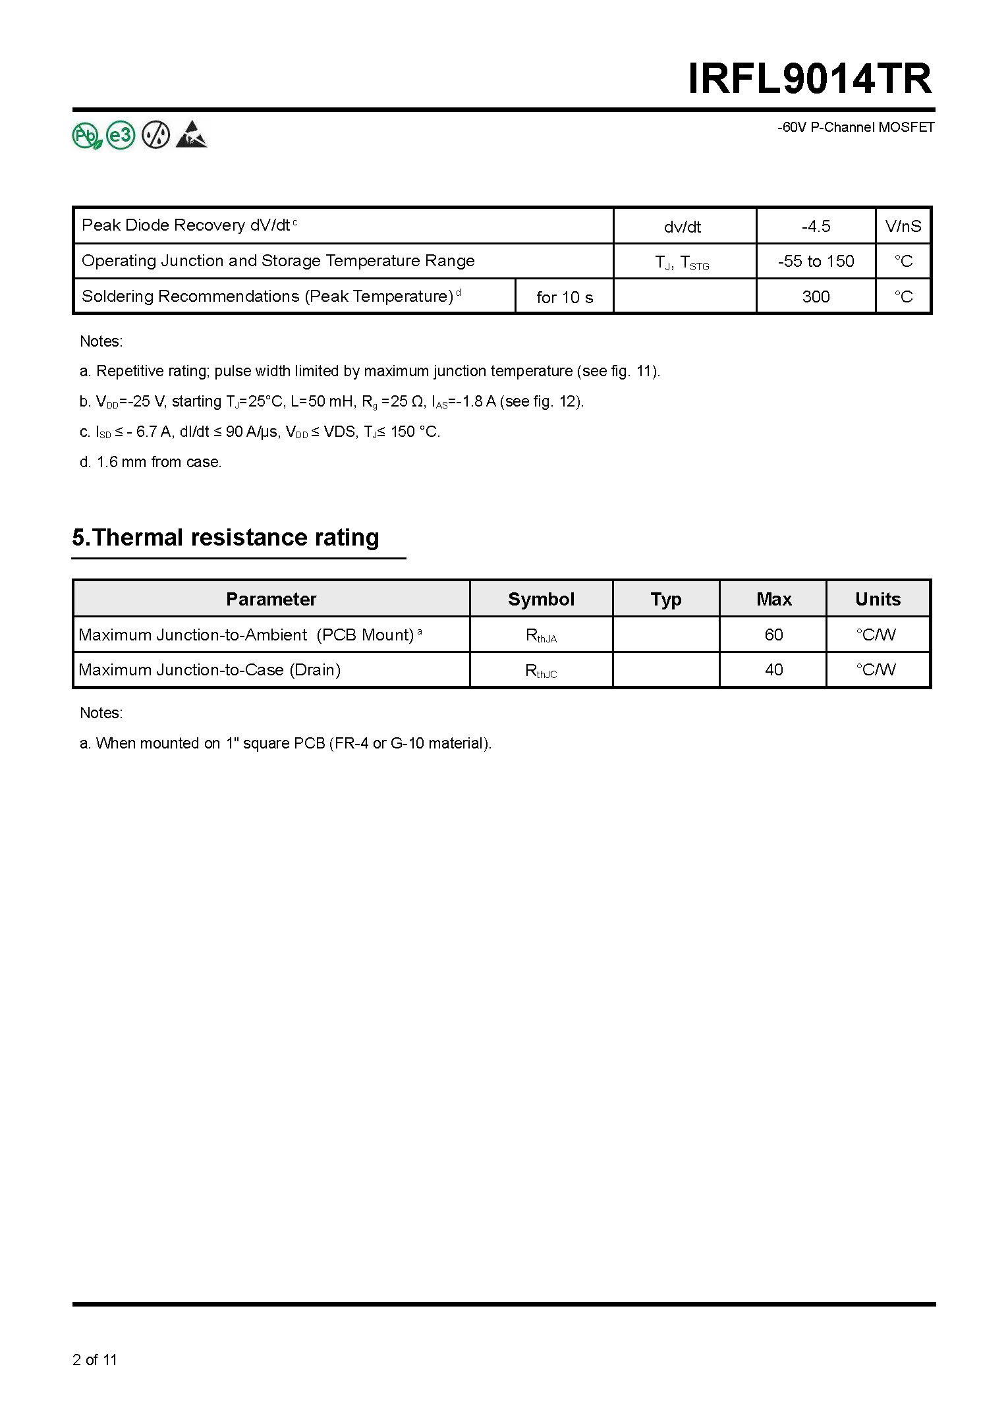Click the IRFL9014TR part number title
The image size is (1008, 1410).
coord(810,80)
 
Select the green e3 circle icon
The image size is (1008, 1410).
coord(121,136)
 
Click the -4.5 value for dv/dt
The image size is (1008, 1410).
coord(816,227)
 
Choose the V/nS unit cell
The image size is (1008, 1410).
coord(903,227)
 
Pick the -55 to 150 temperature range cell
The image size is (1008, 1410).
coord(816,262)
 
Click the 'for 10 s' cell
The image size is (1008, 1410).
coord(565,297)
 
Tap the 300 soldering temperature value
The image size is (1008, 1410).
coord(816,297)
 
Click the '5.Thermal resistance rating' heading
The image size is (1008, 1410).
coord(225,538)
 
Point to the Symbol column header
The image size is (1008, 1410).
coord(541,599)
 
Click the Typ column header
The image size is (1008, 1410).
coord(666,599)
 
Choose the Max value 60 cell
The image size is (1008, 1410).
coord(773,634)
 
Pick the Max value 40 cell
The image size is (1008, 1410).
coord(773,670)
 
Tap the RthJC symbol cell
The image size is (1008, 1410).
coord(541,671)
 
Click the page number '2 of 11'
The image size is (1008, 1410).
coord(95,1360)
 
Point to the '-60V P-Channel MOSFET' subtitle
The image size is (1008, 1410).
coord(856,128)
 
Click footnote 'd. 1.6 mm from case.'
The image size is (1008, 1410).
coord(151,462)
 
